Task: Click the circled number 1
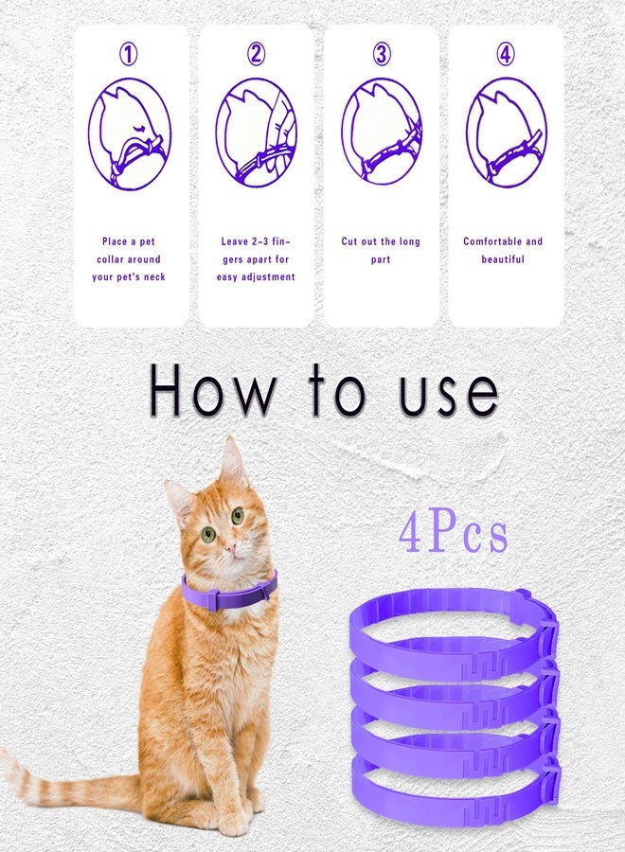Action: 129,55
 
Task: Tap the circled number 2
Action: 256,55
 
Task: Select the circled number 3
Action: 381,55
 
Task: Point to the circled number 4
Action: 506,55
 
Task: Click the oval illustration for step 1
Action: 130,134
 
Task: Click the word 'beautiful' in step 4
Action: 503,259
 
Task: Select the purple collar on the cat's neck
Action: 229,594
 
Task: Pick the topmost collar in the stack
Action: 445,606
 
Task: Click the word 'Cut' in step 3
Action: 351,241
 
